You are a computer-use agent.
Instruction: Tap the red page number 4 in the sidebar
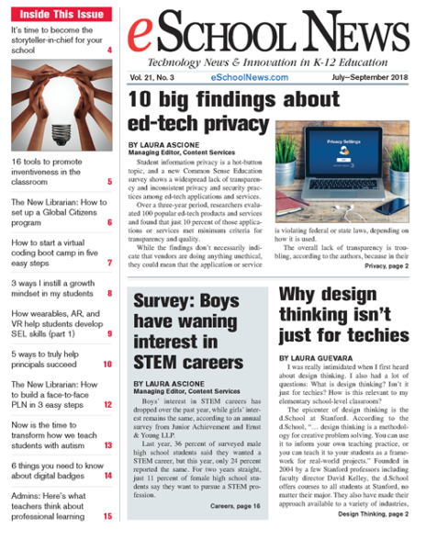pyautogui.click(x=109, y=51)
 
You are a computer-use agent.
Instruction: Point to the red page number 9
pyautogui.click(x=109, y=333)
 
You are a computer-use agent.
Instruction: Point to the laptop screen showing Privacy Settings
pyautogui.click(x=353, y=150)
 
